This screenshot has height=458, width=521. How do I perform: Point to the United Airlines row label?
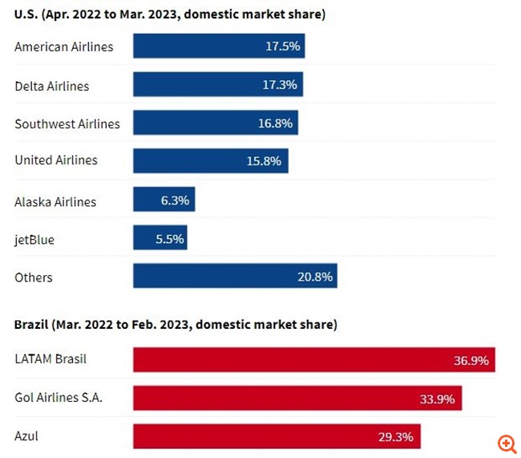pyautogui.click(x=56, y=160)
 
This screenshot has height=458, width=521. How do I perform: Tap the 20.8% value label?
pyautogui.click(x=314, y=277)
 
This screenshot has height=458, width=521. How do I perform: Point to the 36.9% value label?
pyautogui.click(x=471, y=360)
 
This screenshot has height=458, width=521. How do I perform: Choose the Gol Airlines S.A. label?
pyautogui.click(x=59, y=397)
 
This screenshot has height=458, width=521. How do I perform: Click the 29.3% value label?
pyautogui.click(x=396, y=437)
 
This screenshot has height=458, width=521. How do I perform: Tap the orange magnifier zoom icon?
pyautogui.click(x=507, y=444)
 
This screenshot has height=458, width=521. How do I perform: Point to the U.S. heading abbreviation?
pyautogui.click(x=26, y=15)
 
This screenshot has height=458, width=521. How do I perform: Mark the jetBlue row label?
pyautogui.click(x=34, y=240)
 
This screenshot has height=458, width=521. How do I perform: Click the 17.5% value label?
pyautogui.click(x=282, y=47)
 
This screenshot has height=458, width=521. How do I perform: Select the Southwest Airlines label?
pyautogui.click(x=67, y=124)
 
